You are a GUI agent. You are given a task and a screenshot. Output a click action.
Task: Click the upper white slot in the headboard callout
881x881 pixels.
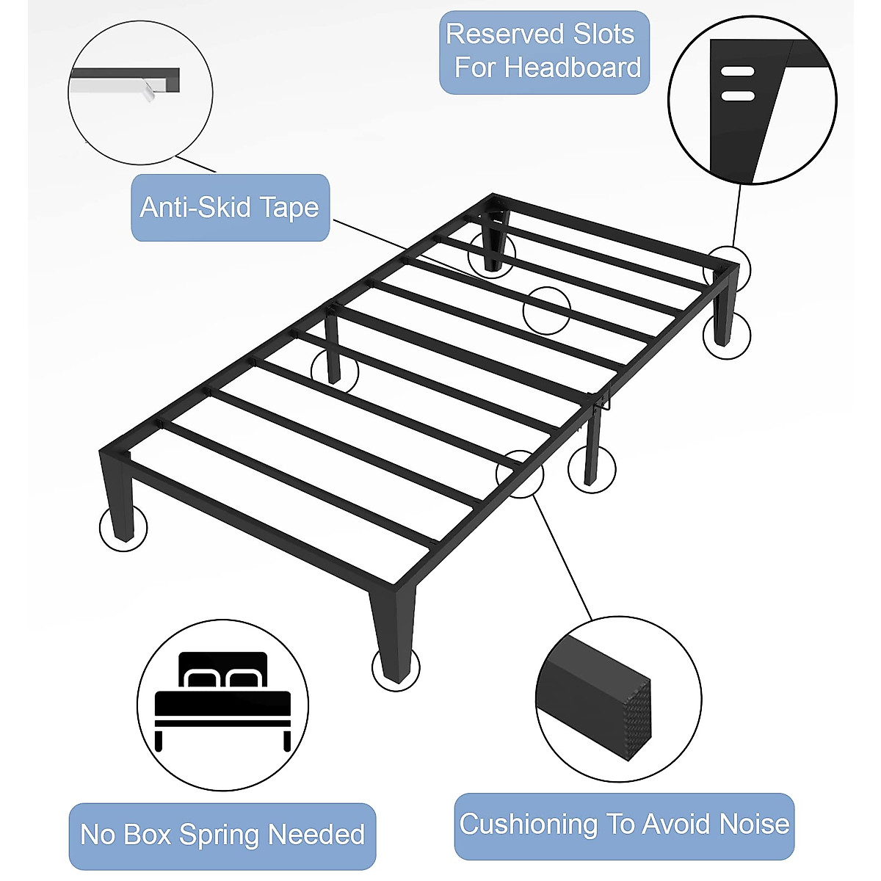coord(737,72)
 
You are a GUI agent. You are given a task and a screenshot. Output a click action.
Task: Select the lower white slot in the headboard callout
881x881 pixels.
coord(737,95)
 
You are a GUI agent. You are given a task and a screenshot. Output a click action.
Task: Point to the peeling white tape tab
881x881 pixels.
coord(150,91)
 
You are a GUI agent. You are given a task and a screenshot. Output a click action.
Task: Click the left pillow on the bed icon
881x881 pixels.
coord(203,678)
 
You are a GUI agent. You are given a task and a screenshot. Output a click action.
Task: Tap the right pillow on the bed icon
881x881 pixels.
coord(243,678)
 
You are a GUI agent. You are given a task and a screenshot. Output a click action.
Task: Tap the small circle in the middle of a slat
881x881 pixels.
coord(546,311)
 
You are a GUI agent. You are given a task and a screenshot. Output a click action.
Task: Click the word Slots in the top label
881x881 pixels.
coord(603,35)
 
